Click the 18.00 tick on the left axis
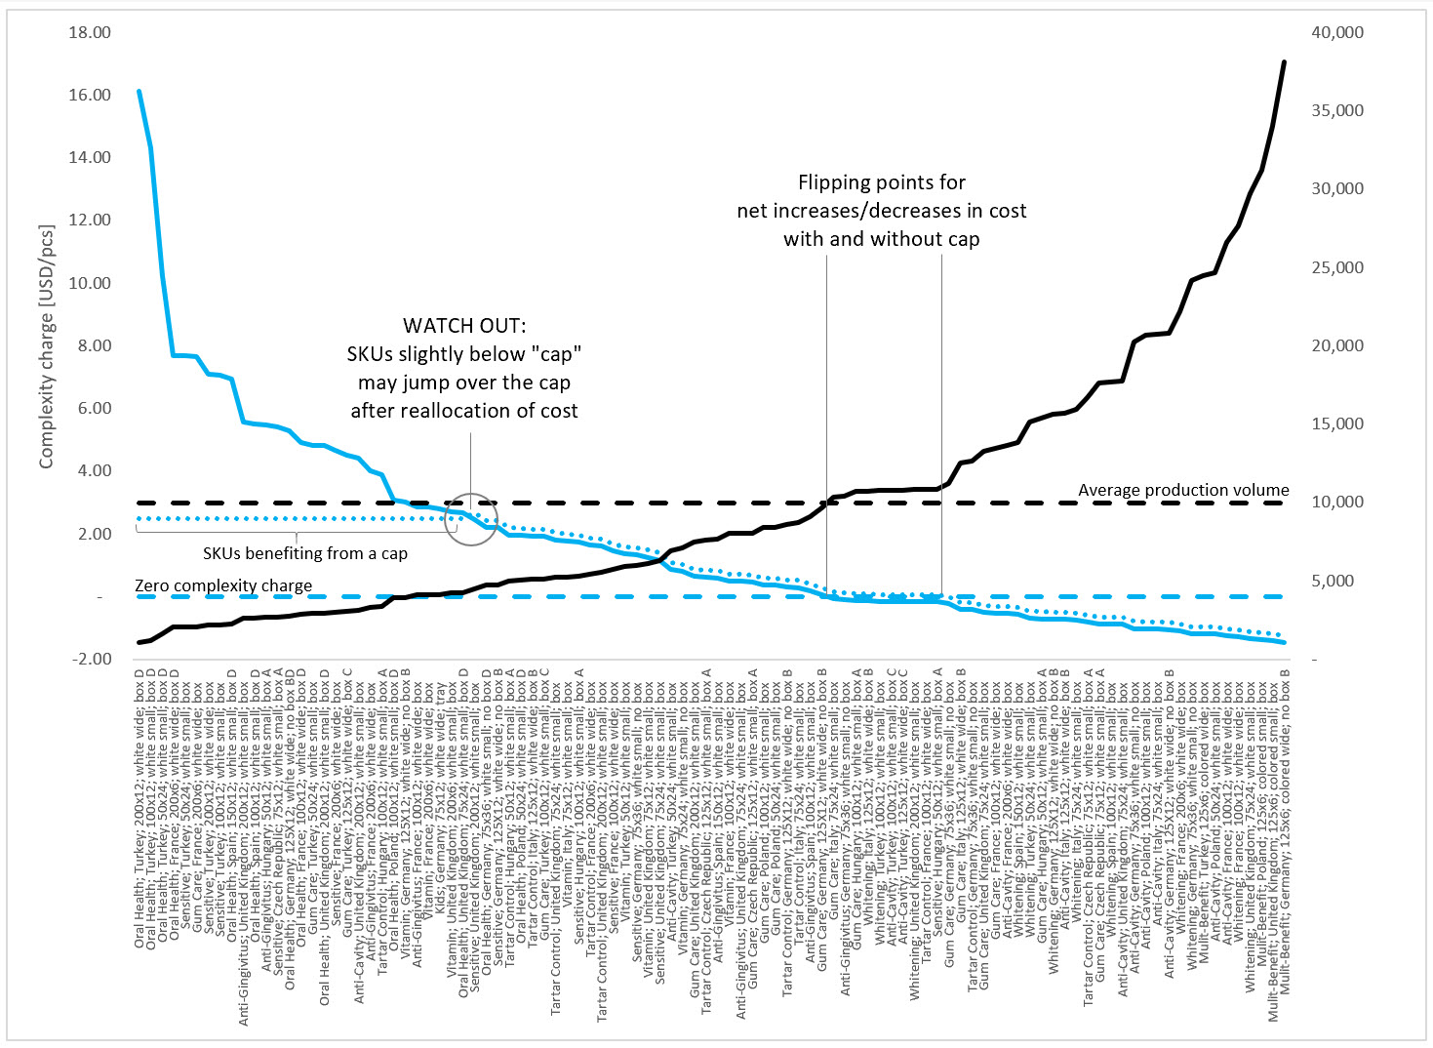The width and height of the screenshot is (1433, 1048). tap(90, 32)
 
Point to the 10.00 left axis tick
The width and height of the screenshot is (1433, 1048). tap(90, 283)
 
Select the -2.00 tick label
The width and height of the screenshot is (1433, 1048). tap(92, 659)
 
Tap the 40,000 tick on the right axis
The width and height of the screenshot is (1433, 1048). tap(1337, 32)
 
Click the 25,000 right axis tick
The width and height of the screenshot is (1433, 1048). tap(1337, 267)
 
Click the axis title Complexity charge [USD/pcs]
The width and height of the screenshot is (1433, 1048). tap(46, 346)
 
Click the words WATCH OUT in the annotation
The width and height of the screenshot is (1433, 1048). tap(464, 325)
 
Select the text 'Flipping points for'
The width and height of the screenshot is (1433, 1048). tap(881, 182)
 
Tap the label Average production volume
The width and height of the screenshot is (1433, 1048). tap(1182, 490)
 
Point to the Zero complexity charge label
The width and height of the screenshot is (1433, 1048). tap(223, 585)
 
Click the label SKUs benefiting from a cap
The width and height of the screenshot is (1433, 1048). tap(304, 553)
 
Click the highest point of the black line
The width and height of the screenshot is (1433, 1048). tap(1284, 61)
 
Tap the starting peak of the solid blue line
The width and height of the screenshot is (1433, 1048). tap(139, 91)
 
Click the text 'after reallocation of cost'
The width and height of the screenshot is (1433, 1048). tap(464, 411)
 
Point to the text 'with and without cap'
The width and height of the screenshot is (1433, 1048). tap(881, 239)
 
